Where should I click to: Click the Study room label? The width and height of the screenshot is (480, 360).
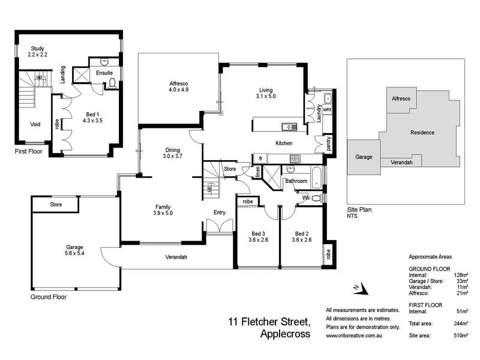tap(37, 48)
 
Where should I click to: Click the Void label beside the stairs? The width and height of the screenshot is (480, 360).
tap(35, 125)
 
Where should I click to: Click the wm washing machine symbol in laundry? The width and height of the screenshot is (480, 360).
tap(327, 111)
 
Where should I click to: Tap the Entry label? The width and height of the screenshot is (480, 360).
tap(220, 212)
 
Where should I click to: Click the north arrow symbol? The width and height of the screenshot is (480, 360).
tap(358, 289)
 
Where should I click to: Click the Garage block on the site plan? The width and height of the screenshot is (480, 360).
tap(364, 157)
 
